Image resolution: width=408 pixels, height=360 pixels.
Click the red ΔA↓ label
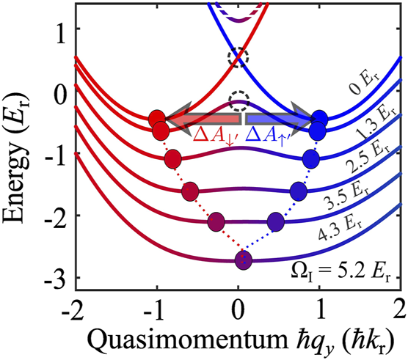click(213, 133)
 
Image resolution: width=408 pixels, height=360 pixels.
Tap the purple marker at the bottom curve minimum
click(242, 260)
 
